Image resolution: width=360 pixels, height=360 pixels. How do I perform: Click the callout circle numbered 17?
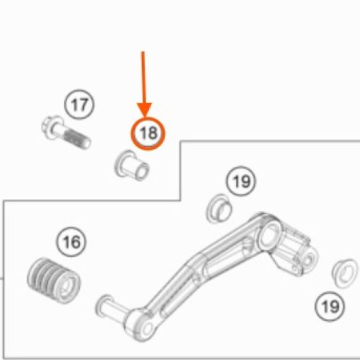tap(79, 104)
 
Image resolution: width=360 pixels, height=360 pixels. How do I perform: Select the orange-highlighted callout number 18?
tap(148, 133)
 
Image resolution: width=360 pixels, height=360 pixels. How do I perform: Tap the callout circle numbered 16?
tap(71, 242)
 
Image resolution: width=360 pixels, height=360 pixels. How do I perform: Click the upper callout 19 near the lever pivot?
tap(241, 181)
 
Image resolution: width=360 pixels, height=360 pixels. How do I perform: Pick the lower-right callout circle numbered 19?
tap(330, 307)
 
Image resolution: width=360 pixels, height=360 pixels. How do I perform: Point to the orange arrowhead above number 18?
tap(145, 109)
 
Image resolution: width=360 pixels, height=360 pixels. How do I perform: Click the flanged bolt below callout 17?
tap(66, 132)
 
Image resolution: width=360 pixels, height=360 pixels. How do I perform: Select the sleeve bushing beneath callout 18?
tap(132, 166)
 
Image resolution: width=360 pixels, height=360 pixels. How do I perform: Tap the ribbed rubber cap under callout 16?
tap(54, 280)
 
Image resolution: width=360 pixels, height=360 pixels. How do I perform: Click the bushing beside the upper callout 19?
tap(219, 209)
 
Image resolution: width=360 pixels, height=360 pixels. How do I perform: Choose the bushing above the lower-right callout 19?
tap(345, 273)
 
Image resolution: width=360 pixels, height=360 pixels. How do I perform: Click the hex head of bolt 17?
tap(50, 127)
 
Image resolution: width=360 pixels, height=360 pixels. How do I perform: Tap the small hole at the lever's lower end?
tap(147, 328)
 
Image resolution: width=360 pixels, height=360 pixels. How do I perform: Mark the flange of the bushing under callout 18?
tap(123, 163)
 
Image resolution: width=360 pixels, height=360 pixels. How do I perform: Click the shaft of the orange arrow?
tap(143, 77)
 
